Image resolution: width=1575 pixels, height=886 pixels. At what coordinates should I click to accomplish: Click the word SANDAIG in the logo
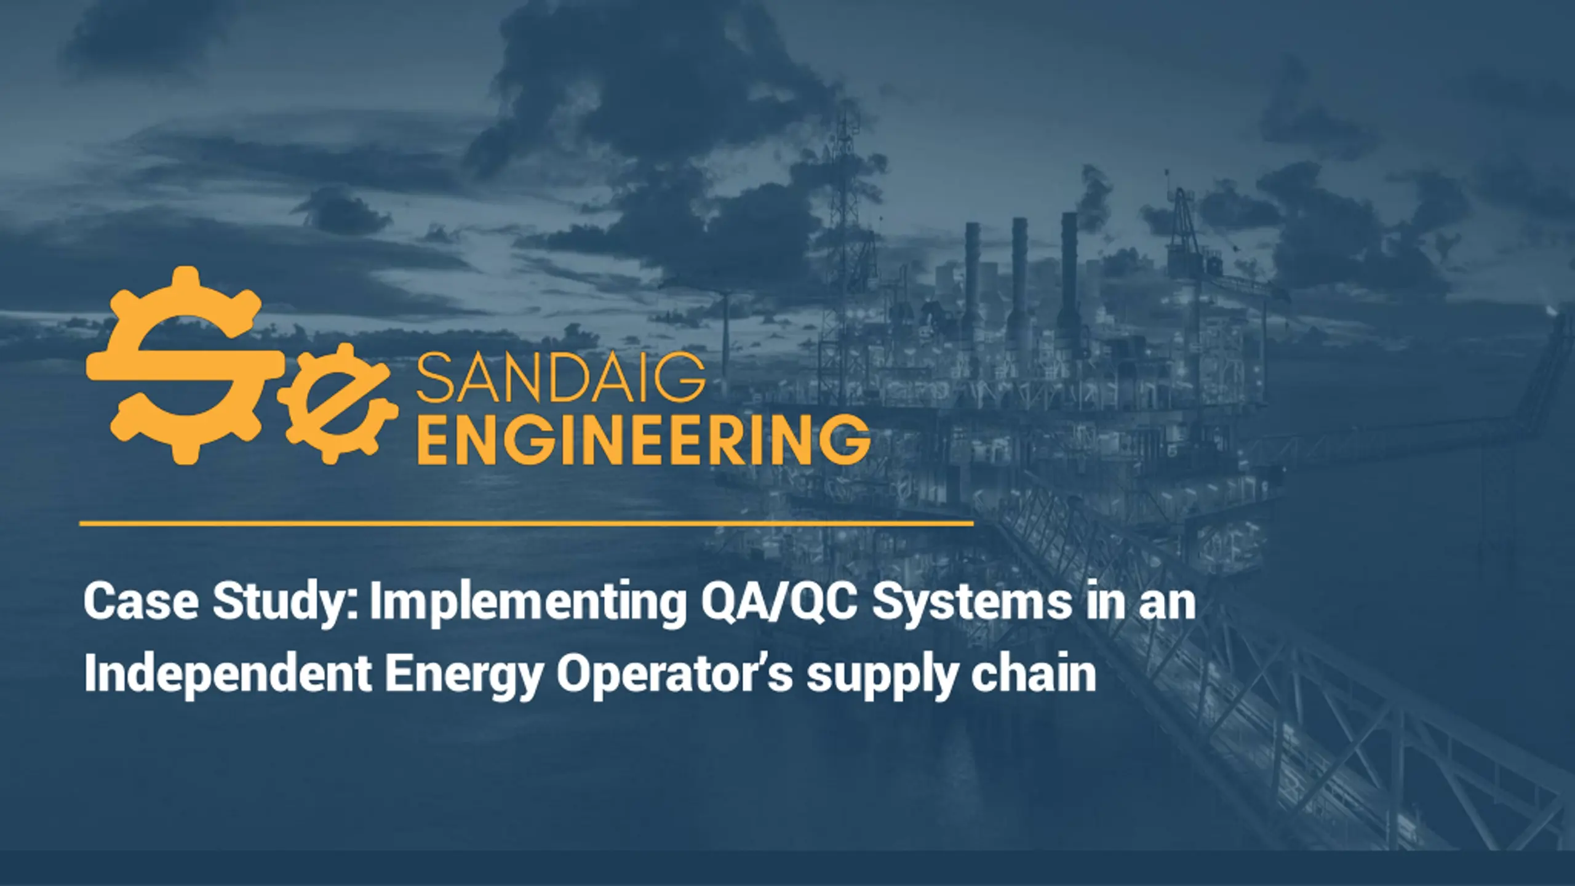[560, 380]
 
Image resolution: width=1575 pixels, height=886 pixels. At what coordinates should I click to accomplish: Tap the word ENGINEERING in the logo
[643, 439]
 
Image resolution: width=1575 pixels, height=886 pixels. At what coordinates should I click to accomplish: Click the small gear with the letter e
[332, 404]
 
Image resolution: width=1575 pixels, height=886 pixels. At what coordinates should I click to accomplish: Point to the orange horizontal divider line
[527, 524]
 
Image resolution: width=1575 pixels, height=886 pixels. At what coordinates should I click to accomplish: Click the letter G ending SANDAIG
[683, 380]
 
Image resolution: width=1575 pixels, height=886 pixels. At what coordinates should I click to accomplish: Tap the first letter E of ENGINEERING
[434, 439]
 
